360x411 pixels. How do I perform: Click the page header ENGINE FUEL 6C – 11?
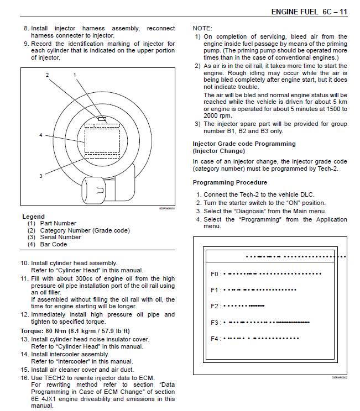(x=309, y=12)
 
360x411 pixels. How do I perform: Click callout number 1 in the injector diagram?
(x=75, y=74)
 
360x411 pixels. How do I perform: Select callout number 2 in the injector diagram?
(x=48, y=74)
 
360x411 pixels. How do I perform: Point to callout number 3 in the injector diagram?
(x=40, y=176)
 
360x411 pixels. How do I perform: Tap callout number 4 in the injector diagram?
(x=40, y=135)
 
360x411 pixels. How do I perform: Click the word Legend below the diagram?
(x=33, y=217)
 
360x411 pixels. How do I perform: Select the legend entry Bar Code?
(x=53, y=244)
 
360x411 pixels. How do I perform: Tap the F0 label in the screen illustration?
(x=215, y=273)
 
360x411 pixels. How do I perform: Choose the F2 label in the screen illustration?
(x=215, y=306)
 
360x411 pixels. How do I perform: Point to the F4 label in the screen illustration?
(x=215, y=339)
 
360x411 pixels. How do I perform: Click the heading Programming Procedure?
(x=229, y=182)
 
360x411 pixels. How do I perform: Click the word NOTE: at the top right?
(x=202, y=28)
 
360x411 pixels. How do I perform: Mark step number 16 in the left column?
(x=24, y=377)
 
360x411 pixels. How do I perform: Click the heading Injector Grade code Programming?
(x=244, y=144)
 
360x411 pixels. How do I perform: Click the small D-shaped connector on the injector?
(x=100, y=191)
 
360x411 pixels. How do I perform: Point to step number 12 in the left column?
(x=24, y=314)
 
